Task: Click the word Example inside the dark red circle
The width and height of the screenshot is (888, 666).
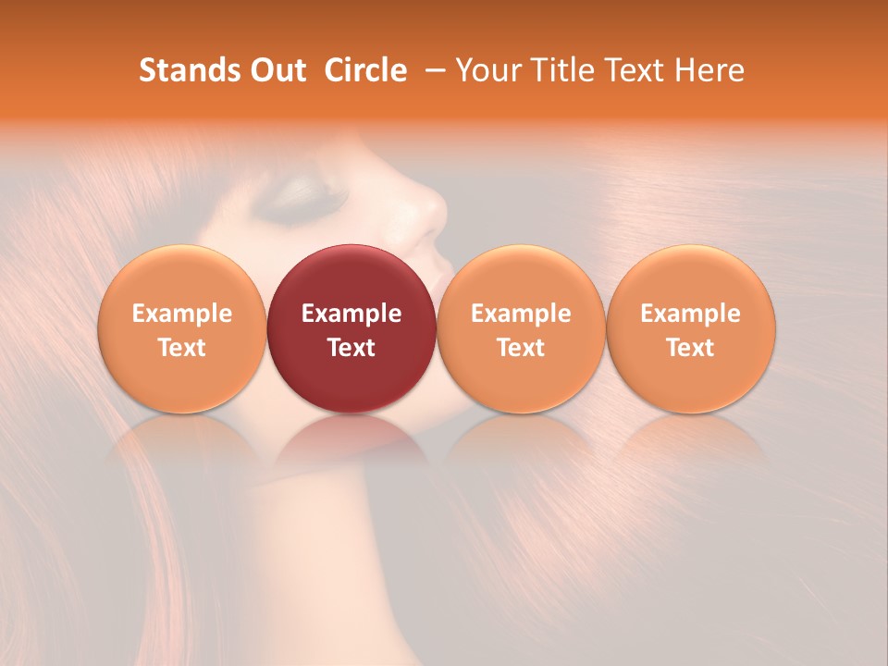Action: [351, 314]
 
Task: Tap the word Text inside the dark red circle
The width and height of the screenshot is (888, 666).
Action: [351, 348]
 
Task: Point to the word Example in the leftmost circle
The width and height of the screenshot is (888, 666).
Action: [181, 314]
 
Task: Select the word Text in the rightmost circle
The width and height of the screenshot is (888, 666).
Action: [690, 348]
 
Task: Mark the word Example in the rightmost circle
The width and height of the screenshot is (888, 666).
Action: [690, 314]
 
